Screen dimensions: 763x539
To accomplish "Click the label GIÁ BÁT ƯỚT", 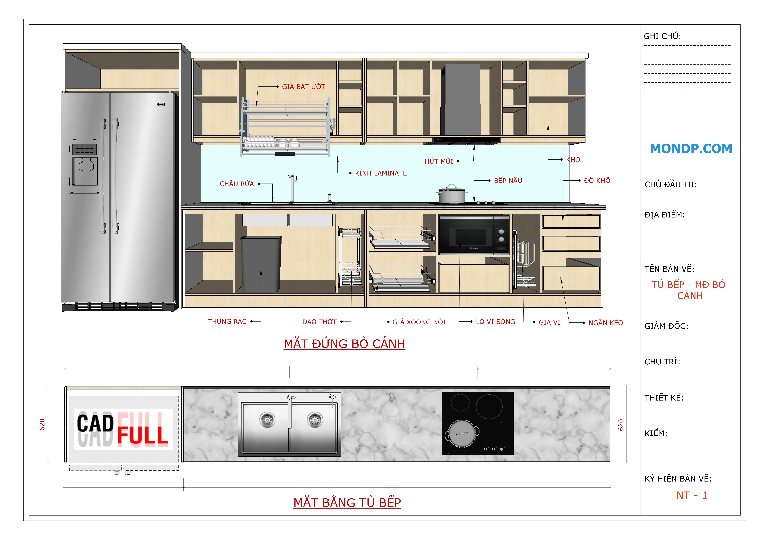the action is [x=303, y=87].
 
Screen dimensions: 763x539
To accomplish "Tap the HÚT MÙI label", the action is [x=439, y=161].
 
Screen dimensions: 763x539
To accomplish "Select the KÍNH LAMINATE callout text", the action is [x=381, y=173].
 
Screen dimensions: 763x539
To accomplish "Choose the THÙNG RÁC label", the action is [x=227, y=322].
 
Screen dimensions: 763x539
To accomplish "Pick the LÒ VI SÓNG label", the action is [x=495, y=322].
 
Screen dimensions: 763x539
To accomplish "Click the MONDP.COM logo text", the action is [x=691, y=148].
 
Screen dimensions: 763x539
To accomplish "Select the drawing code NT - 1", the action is [x=692, y=495].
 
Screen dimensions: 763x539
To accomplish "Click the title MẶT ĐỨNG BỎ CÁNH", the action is [x=344, y=344].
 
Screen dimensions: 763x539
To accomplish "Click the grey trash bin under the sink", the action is [x=261, y=264].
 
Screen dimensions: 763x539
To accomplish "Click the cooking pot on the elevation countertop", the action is [x=451, y=194].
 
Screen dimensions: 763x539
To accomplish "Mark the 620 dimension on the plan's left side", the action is [x=42, y=424].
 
